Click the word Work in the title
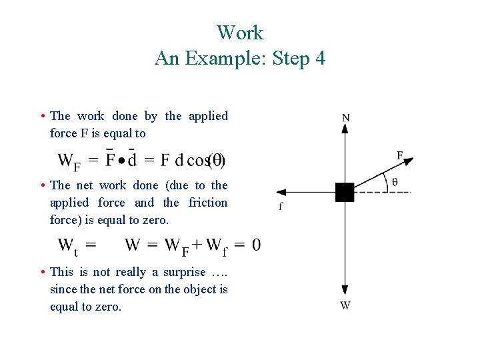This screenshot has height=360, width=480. click(x=240, y=33)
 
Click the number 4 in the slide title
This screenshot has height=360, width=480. click(x=319, y=59)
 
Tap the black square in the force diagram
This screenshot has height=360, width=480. click(x=345, y=192)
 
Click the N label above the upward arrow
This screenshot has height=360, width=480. click(x=345, y=118)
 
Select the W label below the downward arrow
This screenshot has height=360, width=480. click(x=345, y=305)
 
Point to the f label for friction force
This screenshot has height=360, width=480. click(x=281, y=207)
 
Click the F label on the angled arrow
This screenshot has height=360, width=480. click(x=400, y=155)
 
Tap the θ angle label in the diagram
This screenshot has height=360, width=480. click(x=395, y=181)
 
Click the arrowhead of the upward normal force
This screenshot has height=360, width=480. click(x=345, y=129)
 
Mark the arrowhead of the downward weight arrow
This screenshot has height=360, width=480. click(x=345, y=290)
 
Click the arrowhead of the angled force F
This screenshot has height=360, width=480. click(x=408, y=161)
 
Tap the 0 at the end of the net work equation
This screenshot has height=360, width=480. click(x=257, y=245)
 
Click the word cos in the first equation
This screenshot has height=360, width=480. click(x=198, y=160)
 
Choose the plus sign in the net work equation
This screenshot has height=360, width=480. click(x=197, y=245)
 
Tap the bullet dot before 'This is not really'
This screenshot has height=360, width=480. click(x=42, y=272)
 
